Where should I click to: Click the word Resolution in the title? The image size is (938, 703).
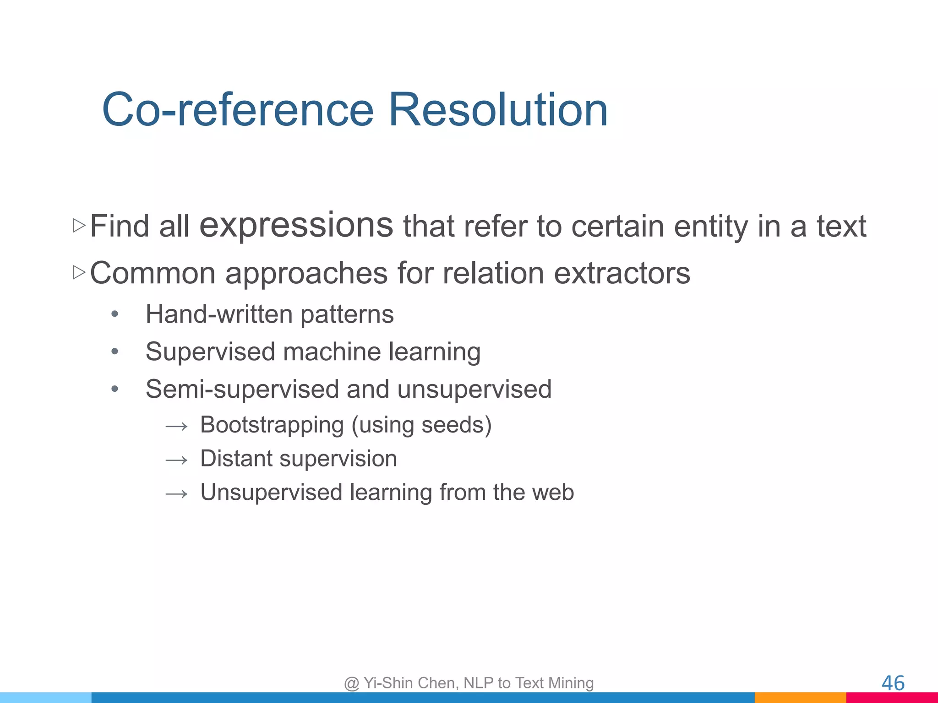(498, 110)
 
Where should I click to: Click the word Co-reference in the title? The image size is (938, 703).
(238, 110)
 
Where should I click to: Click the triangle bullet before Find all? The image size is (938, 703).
(79, 225)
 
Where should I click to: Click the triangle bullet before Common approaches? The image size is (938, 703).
(79, 272)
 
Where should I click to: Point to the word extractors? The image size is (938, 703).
(622, 273)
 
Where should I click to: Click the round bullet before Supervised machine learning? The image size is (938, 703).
(115, 351)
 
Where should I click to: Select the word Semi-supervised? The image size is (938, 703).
(241, 389)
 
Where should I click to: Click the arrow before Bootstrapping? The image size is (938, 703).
(176, 427)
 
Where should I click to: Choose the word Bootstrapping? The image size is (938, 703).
(272, 425)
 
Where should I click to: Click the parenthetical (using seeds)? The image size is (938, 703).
(421, 425)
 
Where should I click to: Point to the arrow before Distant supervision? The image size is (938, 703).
(176, 460)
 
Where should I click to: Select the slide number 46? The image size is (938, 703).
(893, 683)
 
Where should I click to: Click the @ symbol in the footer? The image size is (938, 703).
(351, 683)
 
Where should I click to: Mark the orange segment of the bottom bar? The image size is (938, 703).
(800, 698)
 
